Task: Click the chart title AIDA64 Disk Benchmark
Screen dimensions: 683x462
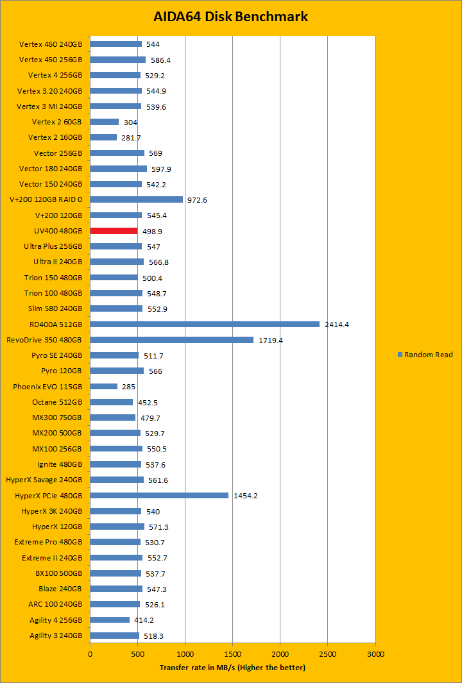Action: coord(230,17)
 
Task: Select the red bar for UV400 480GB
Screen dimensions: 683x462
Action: coord(114,231)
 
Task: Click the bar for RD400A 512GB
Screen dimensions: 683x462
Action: coord(205,324)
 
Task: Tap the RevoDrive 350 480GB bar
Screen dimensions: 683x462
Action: coord(171,340)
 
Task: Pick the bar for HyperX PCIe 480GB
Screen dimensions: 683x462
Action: coord(159,495)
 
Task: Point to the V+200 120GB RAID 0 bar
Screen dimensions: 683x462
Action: coord(136,199)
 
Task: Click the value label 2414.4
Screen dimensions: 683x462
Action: coord(337,325)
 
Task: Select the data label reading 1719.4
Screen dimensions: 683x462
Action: coord(271,340)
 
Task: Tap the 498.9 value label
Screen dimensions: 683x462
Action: coord(153,231)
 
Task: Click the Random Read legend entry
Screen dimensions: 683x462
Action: coord(425,355)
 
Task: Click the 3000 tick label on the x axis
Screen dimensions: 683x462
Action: coord(375,654)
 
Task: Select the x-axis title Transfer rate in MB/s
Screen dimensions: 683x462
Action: coord(232,668)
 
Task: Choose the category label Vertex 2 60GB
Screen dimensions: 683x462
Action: coord(56,122)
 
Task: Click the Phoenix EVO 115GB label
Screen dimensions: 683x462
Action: coord(47,387)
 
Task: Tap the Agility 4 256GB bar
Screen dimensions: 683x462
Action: coord(110,620)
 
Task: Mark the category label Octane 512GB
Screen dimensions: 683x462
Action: coord(56,402)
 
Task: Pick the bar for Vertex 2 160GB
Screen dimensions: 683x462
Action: coord(103,137)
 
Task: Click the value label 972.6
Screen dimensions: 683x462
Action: coord(198,200)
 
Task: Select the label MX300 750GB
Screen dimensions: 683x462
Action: coord(56,417)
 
